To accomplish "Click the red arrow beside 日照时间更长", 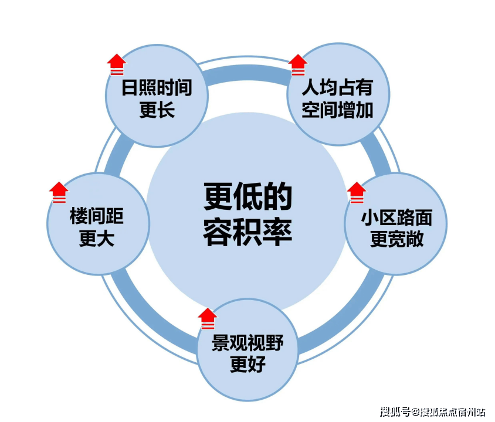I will point(117,64).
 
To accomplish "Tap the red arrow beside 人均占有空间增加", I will point(298,64).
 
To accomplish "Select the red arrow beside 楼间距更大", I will point(59,192).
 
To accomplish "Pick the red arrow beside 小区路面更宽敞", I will point(357,192).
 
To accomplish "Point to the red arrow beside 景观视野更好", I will point(207,318).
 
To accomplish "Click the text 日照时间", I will point(157,89).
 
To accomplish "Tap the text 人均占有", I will point(337,89).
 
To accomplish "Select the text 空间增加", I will point(337,110).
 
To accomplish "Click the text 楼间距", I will point(97,217).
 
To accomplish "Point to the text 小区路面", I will point(396,218).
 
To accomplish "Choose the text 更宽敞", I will point(396,239).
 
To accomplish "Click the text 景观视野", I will point(247,343).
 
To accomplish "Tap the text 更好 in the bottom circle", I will point(247,365).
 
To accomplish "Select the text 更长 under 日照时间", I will point(157,110).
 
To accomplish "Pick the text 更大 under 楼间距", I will point(97,239).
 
